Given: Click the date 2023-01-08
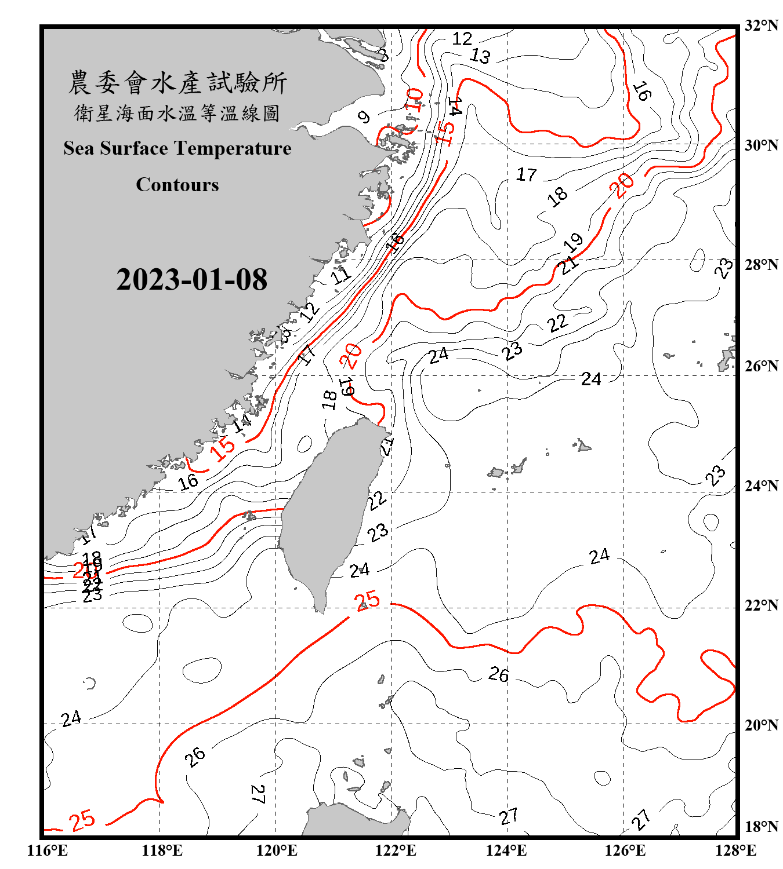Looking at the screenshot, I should (x=191, y=279).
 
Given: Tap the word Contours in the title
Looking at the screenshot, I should (x=177, y=185).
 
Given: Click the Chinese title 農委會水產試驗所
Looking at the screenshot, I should (x=177, y=83).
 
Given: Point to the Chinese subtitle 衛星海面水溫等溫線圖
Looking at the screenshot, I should (x=177, y=113).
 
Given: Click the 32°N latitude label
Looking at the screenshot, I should (x=761, y=25).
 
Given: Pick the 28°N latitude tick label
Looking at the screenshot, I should (x=761, y=265).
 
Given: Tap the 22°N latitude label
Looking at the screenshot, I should (x=761, y=605).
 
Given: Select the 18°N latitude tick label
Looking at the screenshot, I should (x=761, y=827).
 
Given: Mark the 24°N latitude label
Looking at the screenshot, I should (x=761, y=486).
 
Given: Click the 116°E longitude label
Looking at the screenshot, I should (x=47, y=850).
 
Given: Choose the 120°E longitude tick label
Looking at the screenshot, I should (x=277, y=850).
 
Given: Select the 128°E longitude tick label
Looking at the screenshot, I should (x=735, y=850).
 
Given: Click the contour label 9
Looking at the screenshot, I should (x=364, y=117).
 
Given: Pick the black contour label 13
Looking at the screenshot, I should (x=480, y=56).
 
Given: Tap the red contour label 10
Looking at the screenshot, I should (x=414, y=100).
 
